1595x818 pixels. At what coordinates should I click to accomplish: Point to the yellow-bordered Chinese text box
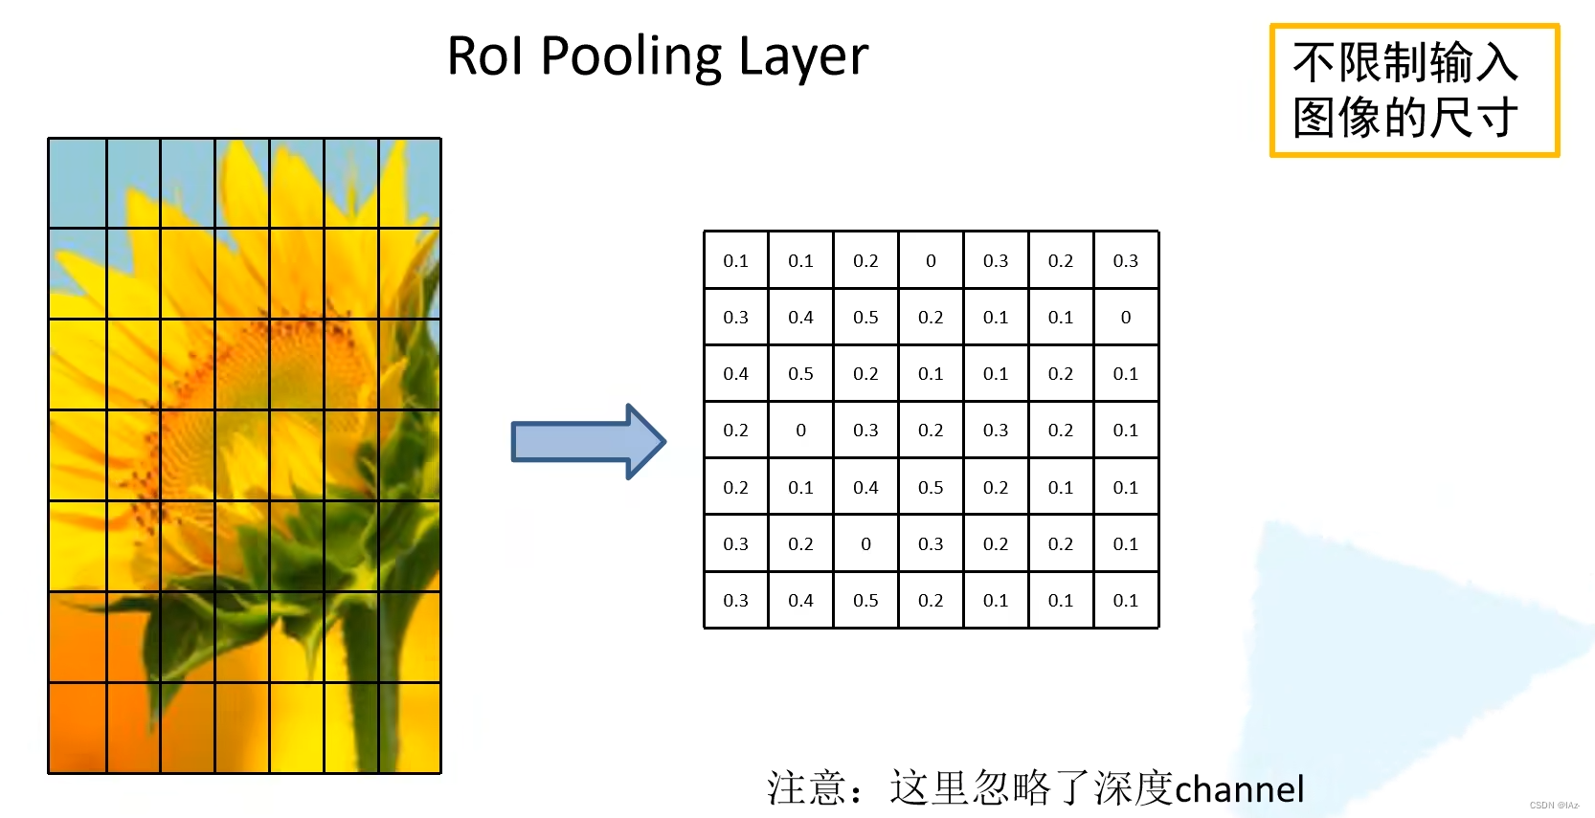click(x=1413, y=90)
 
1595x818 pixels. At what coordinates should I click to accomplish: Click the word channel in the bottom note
click(x=1239, y=789)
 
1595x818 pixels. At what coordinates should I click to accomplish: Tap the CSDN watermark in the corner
click(x=1553, y=806)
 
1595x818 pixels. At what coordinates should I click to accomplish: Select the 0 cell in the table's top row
click(x=931, y=260)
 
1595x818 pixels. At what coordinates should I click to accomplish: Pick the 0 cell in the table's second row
click(x=1126, y=317)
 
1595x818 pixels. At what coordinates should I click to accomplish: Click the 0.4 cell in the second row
click(x=800, y=317)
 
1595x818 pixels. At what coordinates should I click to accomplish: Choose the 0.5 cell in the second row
click(x=865, y=317)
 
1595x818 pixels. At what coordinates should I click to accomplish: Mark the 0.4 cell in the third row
click(x=735, y=373)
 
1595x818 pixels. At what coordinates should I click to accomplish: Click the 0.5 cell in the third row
click(x=800, y=373)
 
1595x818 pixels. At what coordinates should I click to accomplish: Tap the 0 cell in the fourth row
click(x=800, y=431)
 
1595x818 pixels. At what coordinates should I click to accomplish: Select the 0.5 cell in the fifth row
click(x=931, y=487)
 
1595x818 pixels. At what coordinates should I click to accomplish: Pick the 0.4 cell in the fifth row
click(x=865, y=487)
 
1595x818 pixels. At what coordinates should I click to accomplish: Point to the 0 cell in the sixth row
click(x=865, y=543)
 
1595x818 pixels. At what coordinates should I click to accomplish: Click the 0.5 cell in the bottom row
click(x=865, y=600)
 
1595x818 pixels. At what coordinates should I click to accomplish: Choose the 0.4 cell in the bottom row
click(x=800, y=600)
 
